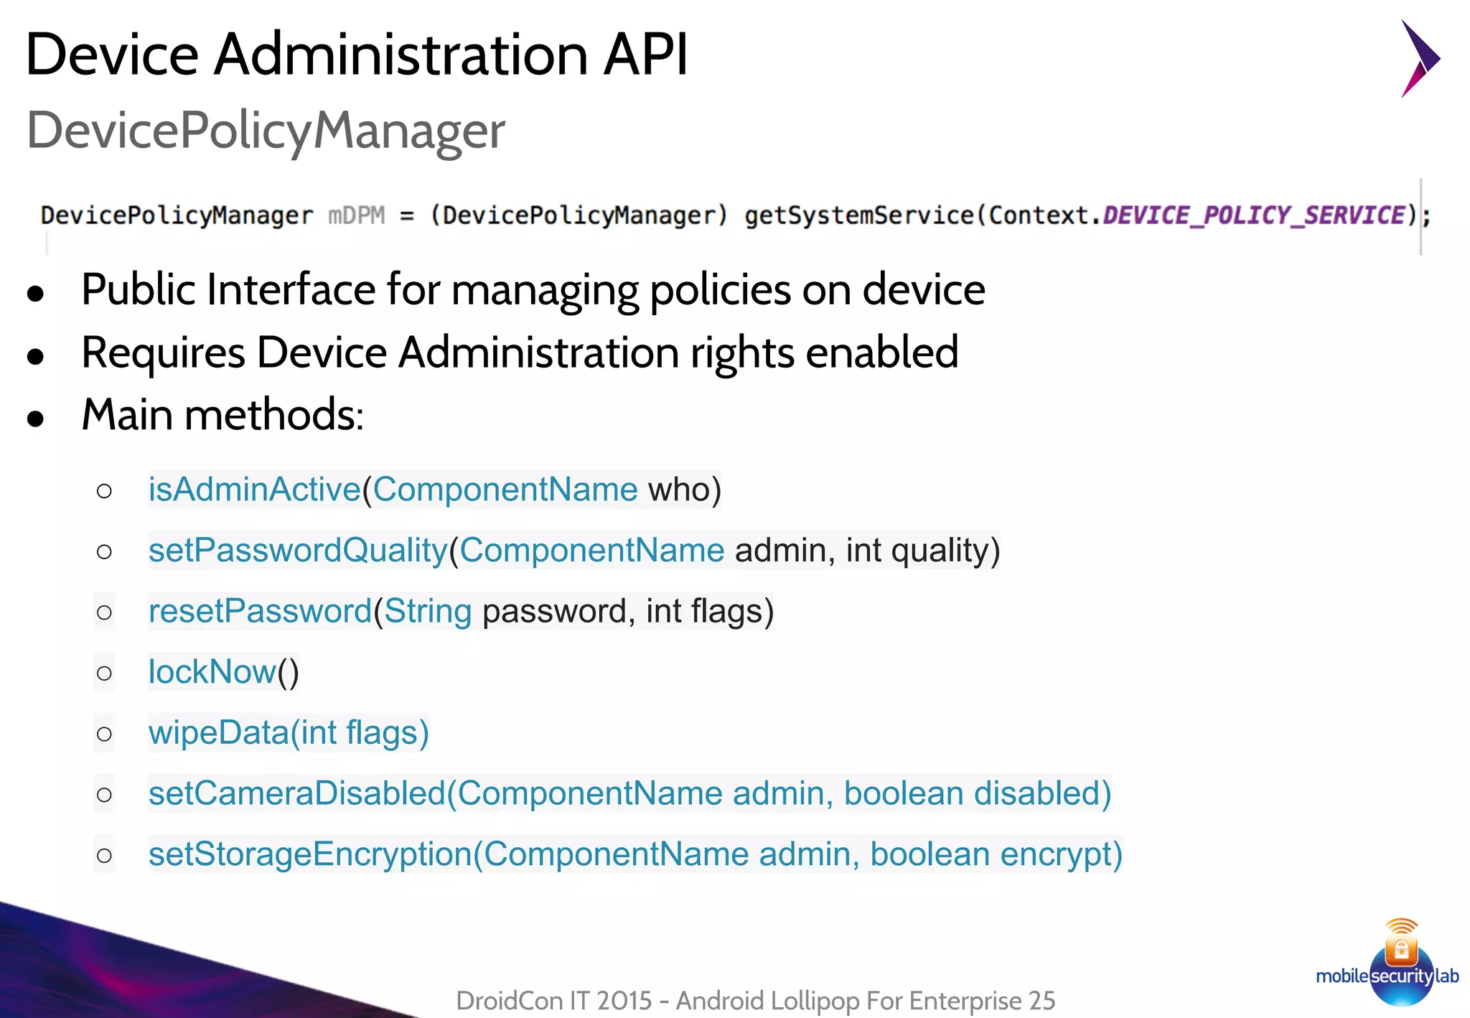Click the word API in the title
point(645,55)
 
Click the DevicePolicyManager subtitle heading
point(266,131)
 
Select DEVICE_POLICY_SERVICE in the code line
point(1253,215)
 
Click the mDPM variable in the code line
point(356,215)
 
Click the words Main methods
point(223,415)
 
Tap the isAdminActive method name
point(254,490)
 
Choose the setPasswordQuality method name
point(298,551)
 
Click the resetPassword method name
point(260,612)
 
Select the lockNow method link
point(212,673)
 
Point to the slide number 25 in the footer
point(1041,1001)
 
